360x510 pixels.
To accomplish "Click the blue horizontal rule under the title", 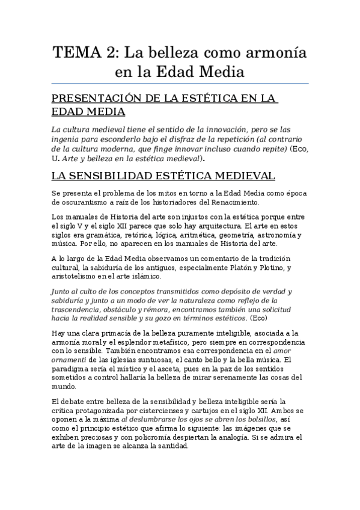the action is point(180,82).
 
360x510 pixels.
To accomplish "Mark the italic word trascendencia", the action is point(82,310).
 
